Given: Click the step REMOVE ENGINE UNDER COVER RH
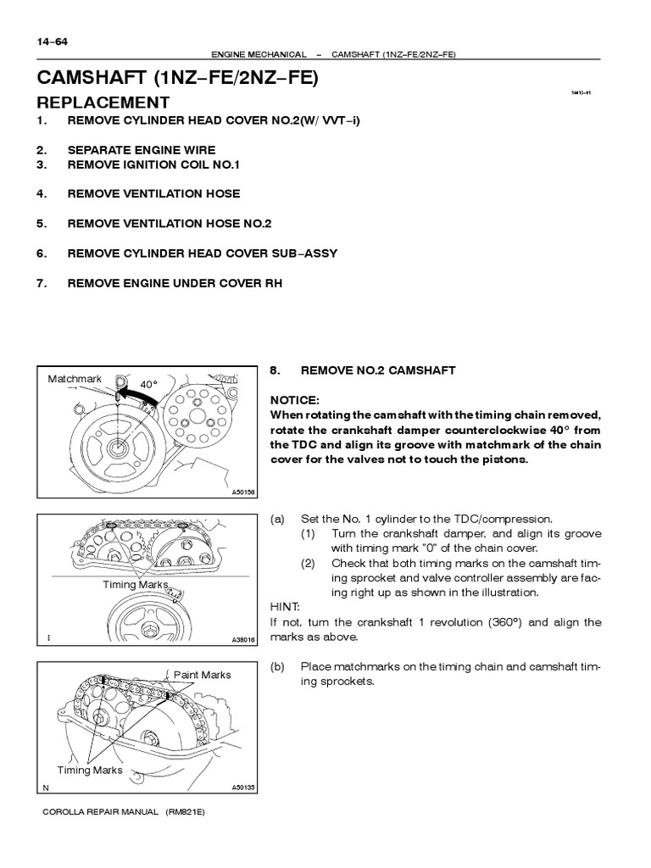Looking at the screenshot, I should [x=175, y=283].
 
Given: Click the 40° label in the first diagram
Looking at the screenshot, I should [x=148, y=384].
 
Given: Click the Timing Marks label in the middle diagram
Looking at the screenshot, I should [x=135, y=585].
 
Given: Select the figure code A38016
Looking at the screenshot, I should [x=242, y=640].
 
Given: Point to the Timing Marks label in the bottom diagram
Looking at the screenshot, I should [x=90, y=771].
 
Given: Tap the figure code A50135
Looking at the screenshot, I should [x=242, y=787].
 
